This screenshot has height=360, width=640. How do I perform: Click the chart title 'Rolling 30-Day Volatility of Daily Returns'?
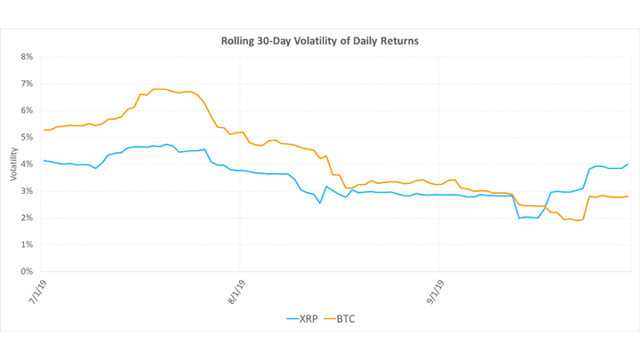319,41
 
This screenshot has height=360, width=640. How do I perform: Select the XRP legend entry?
302,317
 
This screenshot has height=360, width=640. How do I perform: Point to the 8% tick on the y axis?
27,57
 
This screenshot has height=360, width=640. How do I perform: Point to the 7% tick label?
27,84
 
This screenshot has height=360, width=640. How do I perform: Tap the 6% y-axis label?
27,110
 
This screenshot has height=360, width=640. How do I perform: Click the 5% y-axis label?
27,137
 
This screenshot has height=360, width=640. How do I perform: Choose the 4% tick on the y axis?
27,164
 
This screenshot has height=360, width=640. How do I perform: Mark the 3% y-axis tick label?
27,191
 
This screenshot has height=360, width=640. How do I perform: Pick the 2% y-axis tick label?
27,218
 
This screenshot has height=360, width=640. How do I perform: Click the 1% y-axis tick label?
27,244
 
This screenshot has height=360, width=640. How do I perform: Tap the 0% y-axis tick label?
27,271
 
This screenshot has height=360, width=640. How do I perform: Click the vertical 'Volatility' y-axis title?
14,164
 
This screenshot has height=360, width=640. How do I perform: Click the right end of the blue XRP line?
628,164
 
